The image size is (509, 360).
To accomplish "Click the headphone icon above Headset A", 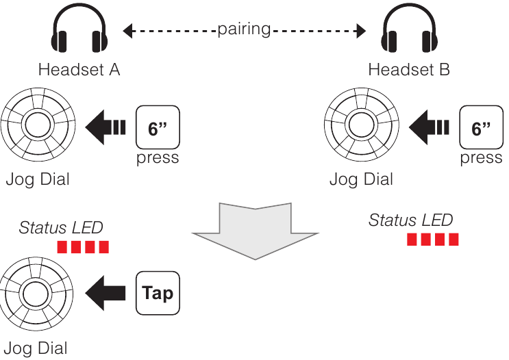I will (79, 34).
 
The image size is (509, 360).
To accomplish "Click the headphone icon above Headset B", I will (408, 34).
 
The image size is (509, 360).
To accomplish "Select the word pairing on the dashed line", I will (244, 30).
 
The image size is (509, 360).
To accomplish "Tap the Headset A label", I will (79, 70).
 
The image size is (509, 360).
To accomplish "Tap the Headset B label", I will (409, 70).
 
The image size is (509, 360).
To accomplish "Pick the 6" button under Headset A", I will (158, 127).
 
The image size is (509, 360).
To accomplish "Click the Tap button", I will (158, 293).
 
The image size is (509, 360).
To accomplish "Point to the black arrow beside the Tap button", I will (107, 293).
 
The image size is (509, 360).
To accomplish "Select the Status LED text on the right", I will (410, 220).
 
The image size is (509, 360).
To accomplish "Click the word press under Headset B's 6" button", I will (481, 158).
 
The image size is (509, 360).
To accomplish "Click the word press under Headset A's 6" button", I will (158, 158).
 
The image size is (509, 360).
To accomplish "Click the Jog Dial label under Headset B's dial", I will (361, 180).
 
